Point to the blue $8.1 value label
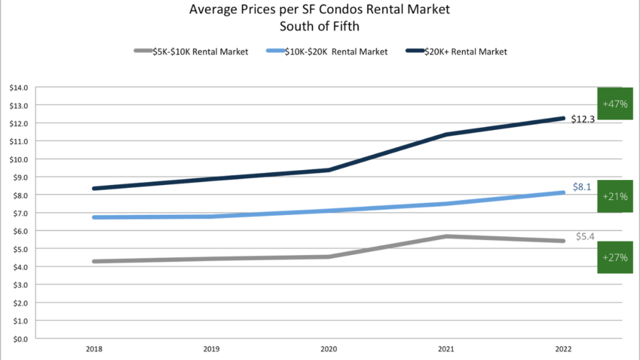(582, 186)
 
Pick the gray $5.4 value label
(585, 236)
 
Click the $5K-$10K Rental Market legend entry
(191, 52)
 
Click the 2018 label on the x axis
(95, 349)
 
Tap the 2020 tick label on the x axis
(328, 349)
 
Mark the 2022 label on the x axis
(562, 349)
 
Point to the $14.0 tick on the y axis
(19, 87)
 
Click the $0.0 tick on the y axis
(19, 339)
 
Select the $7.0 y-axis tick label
(19, 213)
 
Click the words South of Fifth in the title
(319, 26)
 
